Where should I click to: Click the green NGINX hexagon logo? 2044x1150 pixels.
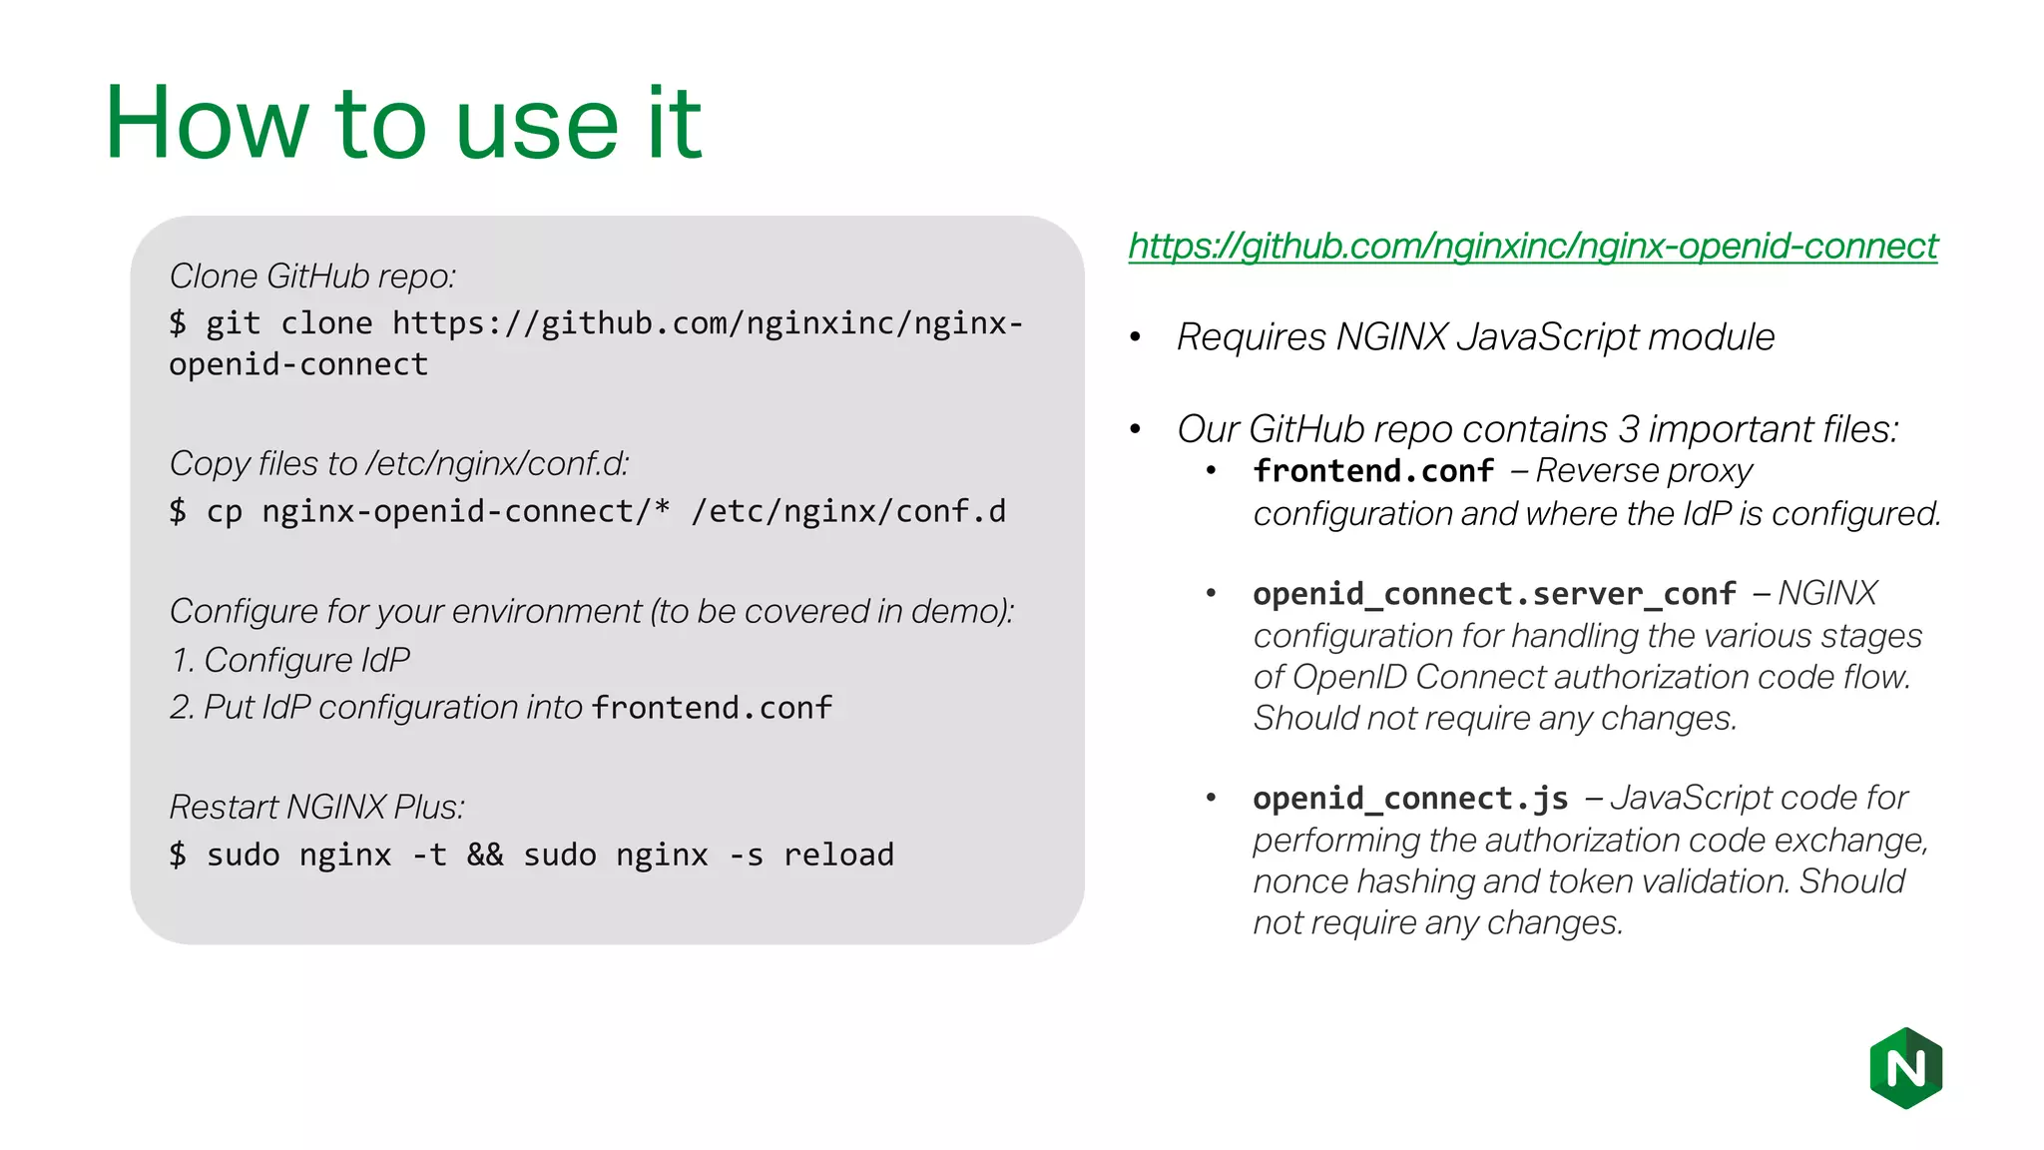(x=1905, y=1068)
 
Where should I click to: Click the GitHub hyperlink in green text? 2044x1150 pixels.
(x=1532, y=246)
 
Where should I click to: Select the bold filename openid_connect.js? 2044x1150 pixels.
(x=1410, y=799)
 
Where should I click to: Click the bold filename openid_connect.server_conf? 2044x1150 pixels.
(x=1494, y=594)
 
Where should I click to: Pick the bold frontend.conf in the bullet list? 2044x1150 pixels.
(x=1373, y=471)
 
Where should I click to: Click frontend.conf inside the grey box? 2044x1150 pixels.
(x=712, y=708)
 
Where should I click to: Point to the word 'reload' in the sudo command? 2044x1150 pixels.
(x=838, y=856)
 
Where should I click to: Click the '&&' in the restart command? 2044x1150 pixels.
(x=485, y=856)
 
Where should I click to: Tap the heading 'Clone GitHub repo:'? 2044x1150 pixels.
(x=312, y=277)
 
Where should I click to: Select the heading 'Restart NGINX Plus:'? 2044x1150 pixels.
(x=316, y=807)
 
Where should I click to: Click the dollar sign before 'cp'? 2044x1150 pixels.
(x=178, y=511)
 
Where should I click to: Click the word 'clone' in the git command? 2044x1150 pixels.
(x=326, y=323)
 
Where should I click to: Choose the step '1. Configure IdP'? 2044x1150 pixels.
(x=289, y=660)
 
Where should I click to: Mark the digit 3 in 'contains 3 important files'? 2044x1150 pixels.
(x=1628, y=429)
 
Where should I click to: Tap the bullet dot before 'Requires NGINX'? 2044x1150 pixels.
(x=1135, y=338)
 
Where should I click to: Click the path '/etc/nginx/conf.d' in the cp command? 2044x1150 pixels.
(x=848, y=511)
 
